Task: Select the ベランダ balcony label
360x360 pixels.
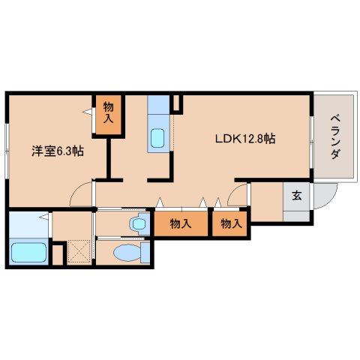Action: click(x=334, y=136)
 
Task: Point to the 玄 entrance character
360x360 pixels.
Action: click(x=297, y=196)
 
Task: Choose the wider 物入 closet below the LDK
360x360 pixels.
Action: click(x=180, y=223)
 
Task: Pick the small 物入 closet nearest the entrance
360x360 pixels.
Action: click(x=231, y=223)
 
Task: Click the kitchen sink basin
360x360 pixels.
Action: click(x=157, y=138)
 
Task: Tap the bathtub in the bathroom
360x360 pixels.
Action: click(x=28, y=253)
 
